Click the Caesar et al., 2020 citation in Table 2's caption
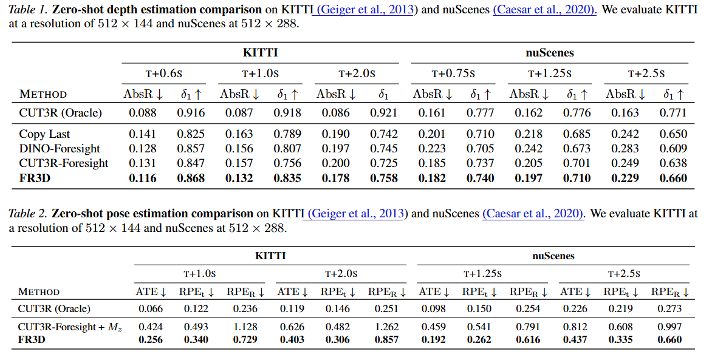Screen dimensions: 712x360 pos(533,213)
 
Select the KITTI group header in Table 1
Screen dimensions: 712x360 pos(260,53)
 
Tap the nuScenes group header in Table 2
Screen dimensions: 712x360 pos(553,256)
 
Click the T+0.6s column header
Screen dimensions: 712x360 pos(163,73)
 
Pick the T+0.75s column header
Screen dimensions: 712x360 pos(453,73)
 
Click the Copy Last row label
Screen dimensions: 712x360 pos(44,134)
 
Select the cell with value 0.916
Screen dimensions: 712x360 pos(191,112)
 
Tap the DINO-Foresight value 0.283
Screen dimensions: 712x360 pos(625,149)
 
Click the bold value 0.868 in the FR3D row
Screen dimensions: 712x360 pos(191,178)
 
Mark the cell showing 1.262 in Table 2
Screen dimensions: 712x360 pos(386,327)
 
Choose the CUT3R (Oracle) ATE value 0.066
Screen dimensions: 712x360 pos(150,308)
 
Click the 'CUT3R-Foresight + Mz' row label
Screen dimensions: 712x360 pos(70,327)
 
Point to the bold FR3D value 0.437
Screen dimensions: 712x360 pos(575,339)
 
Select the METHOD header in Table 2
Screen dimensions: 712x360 pos(39,292)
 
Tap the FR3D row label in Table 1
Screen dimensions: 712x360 pos(35,178)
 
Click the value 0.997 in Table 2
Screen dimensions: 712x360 pos(669,327)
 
